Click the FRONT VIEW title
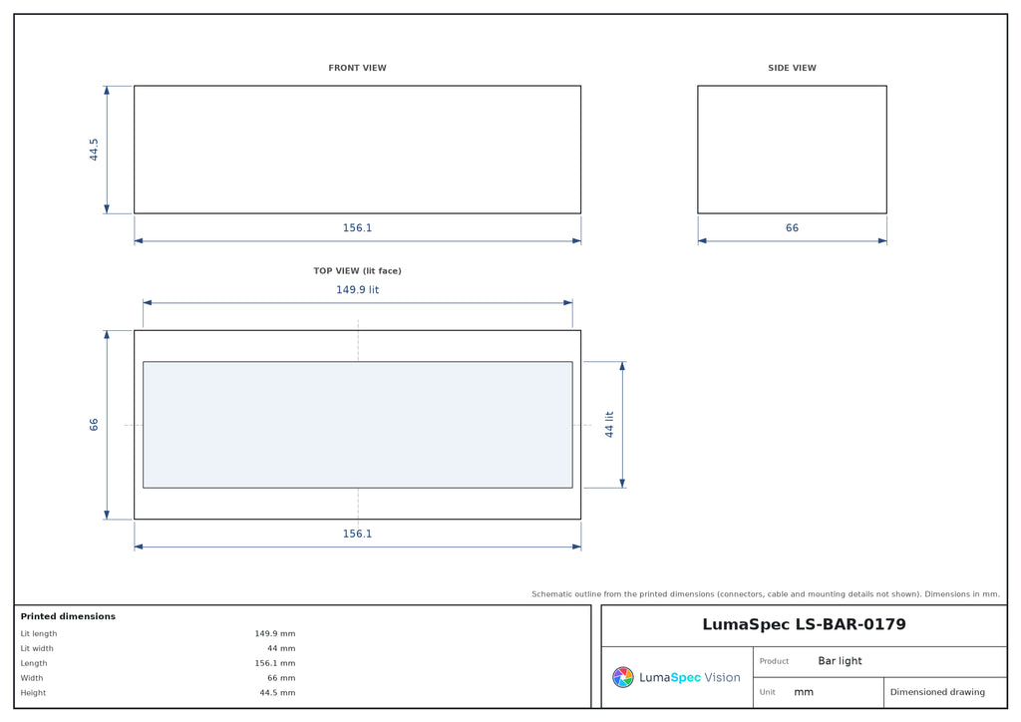tap(357, 68)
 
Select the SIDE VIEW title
tap(792, 68)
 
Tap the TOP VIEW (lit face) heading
tap(357, 271)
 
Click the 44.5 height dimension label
tap(94, 150)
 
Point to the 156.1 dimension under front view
tap(357, 227)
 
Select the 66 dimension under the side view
tap(792, 227)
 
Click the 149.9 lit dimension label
tap(357, 290)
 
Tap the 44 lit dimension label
tap(609, 425)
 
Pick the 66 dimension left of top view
tap(94, 425)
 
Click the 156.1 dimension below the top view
tap(357, 534)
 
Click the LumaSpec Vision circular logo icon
tap(623, 677)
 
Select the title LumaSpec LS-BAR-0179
tap(804, 624)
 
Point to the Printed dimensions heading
tap(68, 616)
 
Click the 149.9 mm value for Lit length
tap(275, 633)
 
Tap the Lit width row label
tap(37, 648)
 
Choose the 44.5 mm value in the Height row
tap(277, 693)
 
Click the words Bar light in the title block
tap(840, 661)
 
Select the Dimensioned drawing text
tap(937, 692)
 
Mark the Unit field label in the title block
tap(767, 692)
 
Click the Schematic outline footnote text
tap(765, 593)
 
